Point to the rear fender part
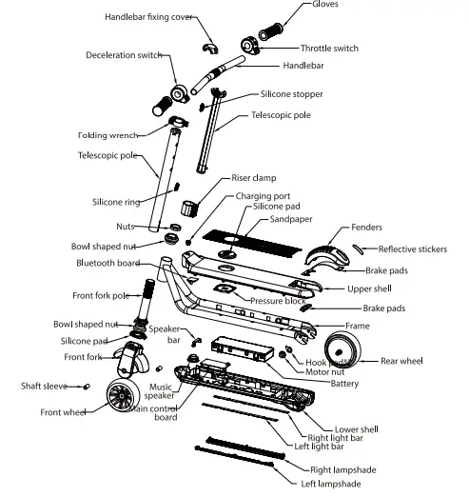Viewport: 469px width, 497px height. (323, 255)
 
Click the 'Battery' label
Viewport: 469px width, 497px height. (344, 384)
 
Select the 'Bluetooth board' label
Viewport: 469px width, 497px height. (107, 262)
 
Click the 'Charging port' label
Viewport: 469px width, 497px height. (263, 195)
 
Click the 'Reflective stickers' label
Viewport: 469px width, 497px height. (416, 249)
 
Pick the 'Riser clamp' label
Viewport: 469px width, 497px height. (254, 177)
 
